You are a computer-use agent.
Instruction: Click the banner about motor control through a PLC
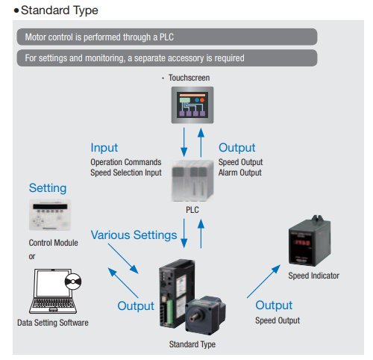166,37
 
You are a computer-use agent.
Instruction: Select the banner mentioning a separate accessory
166,58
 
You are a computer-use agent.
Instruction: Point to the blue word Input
104,148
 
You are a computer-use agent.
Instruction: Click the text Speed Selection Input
125,173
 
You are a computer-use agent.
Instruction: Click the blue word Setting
48,188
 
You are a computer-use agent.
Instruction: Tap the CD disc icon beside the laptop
73,282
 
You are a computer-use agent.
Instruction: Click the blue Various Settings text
134,235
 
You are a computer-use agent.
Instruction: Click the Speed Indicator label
313,276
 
